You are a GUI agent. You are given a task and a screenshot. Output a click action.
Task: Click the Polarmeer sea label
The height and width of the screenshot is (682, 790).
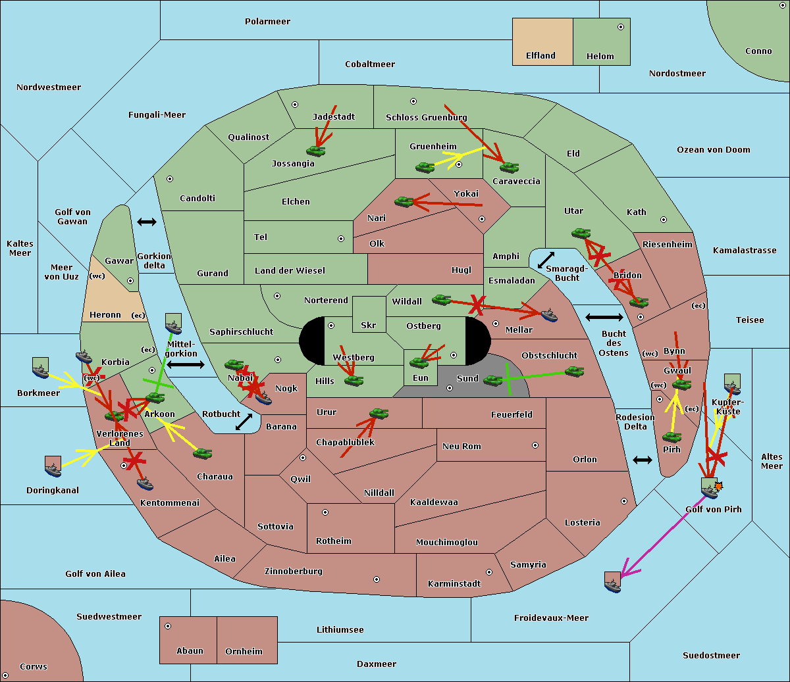267,22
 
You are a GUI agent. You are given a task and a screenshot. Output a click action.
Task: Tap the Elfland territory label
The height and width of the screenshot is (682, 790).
540,56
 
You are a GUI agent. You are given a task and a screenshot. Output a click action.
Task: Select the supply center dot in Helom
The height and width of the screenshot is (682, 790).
621,27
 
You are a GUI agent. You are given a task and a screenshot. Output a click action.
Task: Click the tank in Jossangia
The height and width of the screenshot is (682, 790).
316,151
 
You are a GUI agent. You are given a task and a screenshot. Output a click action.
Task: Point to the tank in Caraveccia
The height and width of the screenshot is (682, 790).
509,167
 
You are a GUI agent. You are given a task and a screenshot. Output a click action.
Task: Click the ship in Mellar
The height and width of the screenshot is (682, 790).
549,315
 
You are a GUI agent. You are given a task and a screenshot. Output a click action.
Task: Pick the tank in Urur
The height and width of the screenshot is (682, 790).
379,414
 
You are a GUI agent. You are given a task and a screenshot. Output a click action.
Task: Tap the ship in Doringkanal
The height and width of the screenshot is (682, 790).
53,466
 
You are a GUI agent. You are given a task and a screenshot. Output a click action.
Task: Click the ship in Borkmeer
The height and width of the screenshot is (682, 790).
41,368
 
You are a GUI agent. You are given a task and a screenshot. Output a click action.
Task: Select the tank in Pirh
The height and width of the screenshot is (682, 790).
672,437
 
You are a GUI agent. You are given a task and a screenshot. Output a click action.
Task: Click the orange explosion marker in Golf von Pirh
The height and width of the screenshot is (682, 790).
718,486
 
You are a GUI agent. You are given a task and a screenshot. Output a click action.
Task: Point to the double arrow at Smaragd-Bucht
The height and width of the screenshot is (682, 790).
546,260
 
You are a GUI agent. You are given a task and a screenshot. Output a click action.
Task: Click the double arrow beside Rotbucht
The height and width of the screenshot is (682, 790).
244,422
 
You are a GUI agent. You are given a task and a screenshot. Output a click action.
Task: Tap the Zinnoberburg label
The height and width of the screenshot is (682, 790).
294,572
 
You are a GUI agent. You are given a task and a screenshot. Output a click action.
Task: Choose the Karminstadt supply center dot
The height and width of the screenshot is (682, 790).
489,572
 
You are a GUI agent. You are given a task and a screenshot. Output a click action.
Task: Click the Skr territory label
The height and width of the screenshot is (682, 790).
369,325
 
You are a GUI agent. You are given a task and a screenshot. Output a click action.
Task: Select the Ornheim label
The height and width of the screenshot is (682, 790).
244,651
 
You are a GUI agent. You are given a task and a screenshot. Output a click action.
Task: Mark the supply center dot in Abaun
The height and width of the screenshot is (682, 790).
168,626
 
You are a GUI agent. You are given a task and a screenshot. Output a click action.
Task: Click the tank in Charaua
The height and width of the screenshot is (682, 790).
202,454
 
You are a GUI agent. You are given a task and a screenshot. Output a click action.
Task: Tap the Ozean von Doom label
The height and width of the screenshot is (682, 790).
714,150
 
